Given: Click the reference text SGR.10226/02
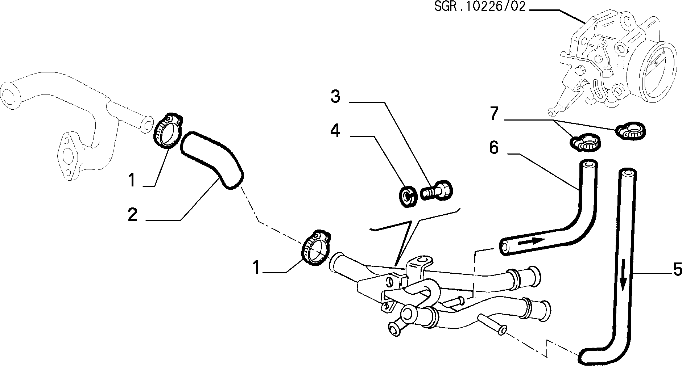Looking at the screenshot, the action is click(480, 7).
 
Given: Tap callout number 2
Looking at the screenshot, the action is click(133, 215).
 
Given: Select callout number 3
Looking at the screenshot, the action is click(336, 97).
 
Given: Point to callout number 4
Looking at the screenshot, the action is click(335, 130).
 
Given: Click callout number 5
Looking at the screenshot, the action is click(677, 269).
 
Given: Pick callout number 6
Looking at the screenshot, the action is click(494, 148).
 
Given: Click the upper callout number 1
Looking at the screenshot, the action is click(132, 180).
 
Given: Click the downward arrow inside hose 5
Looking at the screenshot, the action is click(623, 274).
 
